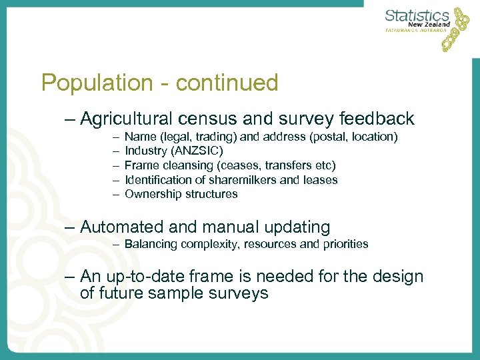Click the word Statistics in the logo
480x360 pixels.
[x=417, y=15]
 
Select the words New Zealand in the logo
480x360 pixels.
[x=429, y=25]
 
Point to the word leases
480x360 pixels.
[x=321, y=180]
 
